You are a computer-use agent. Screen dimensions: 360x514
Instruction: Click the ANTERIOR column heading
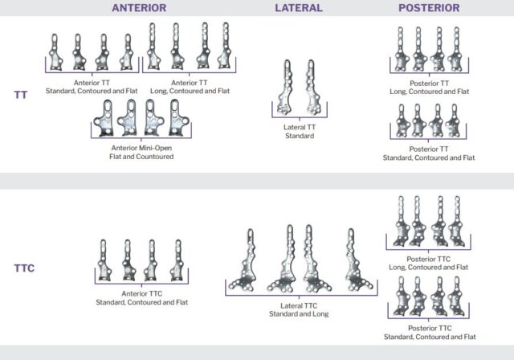tap(139, 8)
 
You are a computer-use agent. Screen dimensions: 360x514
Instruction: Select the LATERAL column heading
tap(298, 8)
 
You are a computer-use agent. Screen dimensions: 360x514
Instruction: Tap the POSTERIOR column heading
tap(429, 8)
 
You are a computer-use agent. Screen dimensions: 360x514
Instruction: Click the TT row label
tap(21, 95)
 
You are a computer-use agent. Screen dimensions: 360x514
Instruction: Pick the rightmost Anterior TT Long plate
tap(226, 46)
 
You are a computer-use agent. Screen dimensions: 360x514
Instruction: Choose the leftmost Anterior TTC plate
tap(104, 259)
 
